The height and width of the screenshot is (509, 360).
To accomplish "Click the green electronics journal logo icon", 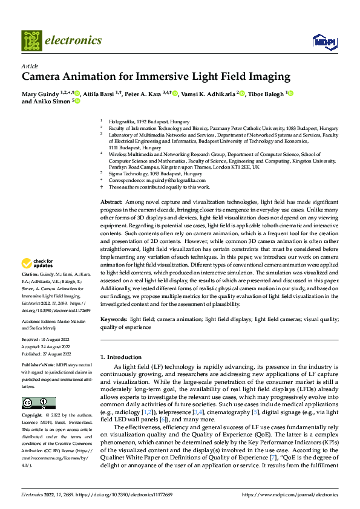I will (32, 41).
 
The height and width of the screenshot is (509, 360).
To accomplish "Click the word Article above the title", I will (30, 66).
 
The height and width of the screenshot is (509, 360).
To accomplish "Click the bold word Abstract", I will (111, 201).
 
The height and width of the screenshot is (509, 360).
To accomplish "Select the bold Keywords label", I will (114, 319).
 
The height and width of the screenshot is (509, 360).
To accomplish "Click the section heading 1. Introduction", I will (121, 357).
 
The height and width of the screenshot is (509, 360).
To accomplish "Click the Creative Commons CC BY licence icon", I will (38, 403).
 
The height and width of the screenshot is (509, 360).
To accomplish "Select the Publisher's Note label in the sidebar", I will (38, 366).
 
